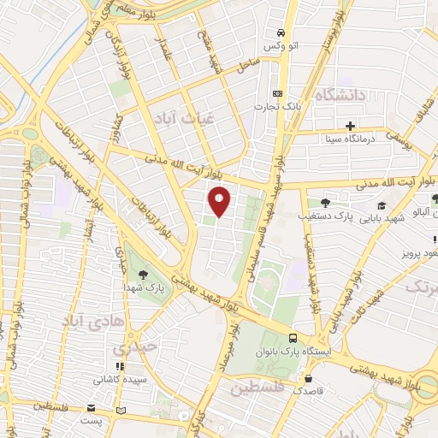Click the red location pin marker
click(x=220, y=202)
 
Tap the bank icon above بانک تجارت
click(x=276, y=93)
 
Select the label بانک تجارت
click(x=276, y=107)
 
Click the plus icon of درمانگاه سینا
click(x=351, y=125)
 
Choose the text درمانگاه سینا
click(x=346, y=138)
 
